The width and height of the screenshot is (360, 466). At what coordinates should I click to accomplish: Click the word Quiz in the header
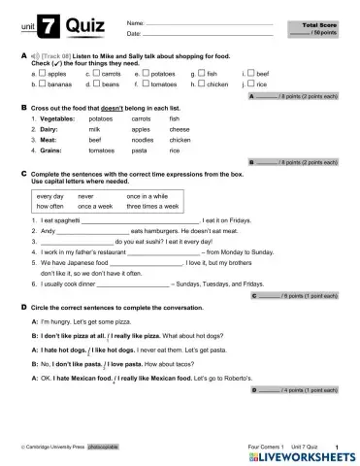(x=82, y=25)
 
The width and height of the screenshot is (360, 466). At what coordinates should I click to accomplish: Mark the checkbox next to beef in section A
(x=252, y=73)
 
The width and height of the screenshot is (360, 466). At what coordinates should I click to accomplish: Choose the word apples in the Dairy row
(x=140, y=128)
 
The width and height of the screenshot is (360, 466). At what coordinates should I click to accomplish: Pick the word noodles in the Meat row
(x=142, y=140)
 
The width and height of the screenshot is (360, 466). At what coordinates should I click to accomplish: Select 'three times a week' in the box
(x=152, y=207)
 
